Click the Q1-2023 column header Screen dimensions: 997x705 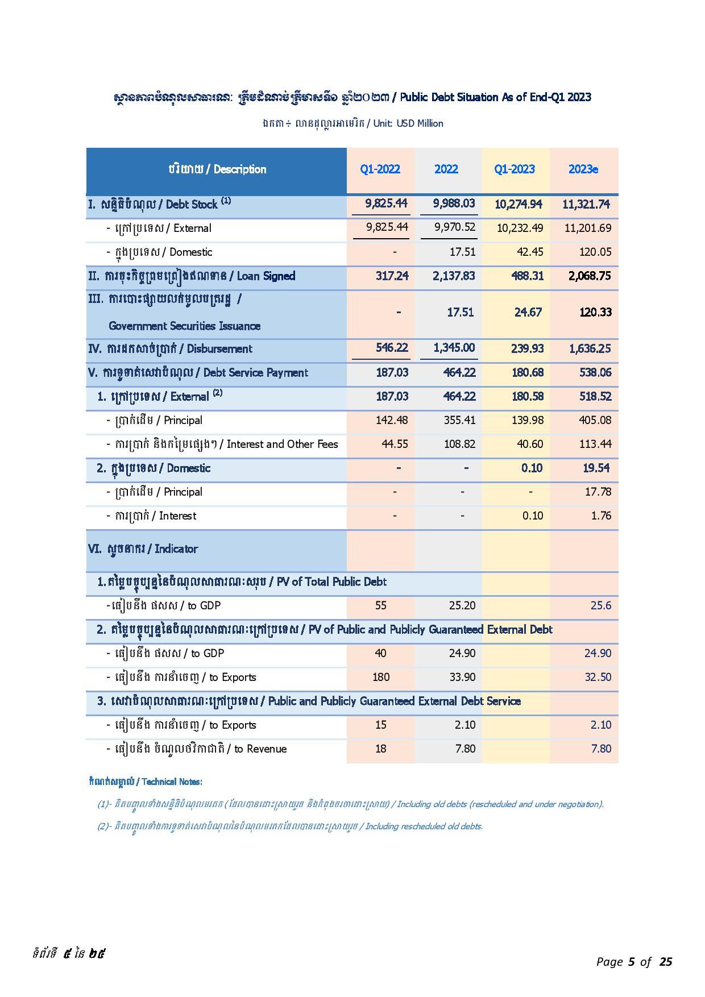[x=515, y=169]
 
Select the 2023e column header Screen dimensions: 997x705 [x=583, y=169]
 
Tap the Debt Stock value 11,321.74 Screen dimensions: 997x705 [x=586, y=205]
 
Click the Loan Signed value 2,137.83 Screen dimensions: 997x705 [x=454, y=276]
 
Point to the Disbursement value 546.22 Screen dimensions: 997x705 [x=392, y=348]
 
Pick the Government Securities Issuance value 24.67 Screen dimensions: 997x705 [x=528, y=312]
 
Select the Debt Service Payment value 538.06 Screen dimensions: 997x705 [x=595, y=373]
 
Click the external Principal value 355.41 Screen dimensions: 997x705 [x=459, y=421]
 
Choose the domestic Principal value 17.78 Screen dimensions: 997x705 [x=598, y=492]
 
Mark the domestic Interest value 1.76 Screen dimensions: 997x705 [x=601, y=516]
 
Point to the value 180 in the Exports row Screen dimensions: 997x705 [x=381, y=678]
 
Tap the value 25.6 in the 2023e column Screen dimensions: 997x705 [x=600, y=606]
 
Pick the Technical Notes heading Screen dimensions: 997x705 [x=146, y=782]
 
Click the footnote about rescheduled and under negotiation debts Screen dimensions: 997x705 [x=350, y=804]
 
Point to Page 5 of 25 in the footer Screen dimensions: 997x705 [x=634, y=962]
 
